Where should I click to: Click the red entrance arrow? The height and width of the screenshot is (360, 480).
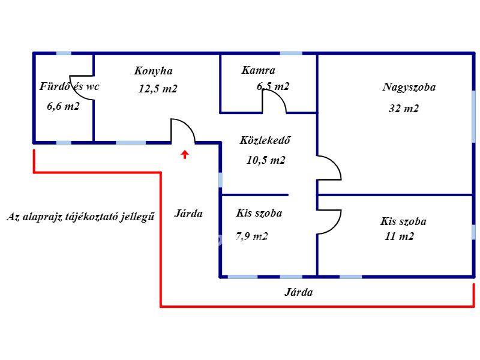click(185, 154)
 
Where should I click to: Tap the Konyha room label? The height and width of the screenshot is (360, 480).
click(153, 71)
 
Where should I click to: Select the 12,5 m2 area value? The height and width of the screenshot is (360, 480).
click(158, 89)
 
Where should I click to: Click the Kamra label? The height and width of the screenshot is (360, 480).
click(258, 71)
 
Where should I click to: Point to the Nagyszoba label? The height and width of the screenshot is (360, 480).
click(409, 87)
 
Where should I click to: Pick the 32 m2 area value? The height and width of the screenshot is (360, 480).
click(404, 109)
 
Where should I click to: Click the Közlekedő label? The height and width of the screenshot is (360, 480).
click(265, 142)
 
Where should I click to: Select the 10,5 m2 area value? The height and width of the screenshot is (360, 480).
click(265, 160)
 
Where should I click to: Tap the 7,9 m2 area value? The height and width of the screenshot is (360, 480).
click(251, 236)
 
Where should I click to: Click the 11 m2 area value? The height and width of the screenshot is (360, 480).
click(400, 236)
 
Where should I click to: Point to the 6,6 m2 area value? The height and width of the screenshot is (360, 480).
click(63, 106)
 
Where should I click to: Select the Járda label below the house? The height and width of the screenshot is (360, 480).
click(298, 293)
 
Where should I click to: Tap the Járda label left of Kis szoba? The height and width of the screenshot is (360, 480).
click(188, 214)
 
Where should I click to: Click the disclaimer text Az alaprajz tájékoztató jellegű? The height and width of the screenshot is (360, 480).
click(80, 217)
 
